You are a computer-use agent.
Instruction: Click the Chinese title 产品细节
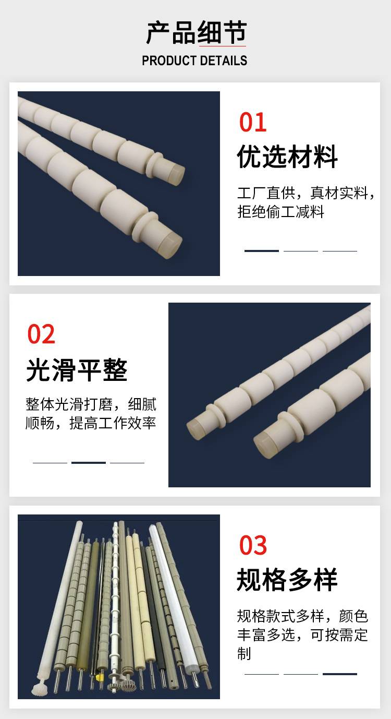pyautogui.click(x=197, y=32)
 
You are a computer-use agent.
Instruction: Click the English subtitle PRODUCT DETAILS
pyautogui.click(x=194, y=61)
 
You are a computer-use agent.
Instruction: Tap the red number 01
pyautogui.click(x=253, y=122)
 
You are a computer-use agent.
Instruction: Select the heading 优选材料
pyautogui.click(x=287, y=157)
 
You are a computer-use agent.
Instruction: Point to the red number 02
pyautogui.click(x=41, y=334)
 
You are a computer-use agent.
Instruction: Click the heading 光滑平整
pyautogui.click(x=77, y=370)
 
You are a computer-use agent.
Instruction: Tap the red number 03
pyautogui.click(x=253, y=545)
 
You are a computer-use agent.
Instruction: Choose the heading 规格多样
pyautogui.click(x=287, y=580)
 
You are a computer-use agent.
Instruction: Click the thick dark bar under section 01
pyautogui.click(x=261, y=250)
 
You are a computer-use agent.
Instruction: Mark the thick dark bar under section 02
pyautogui.click(x=89, y=462)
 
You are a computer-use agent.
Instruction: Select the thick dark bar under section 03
pyautogui.click(x=340, y=674)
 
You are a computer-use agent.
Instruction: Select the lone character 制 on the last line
pyautogui.click(x=244, y=653)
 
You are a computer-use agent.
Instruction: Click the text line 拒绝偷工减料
pyautogui.click(x=280, y=212)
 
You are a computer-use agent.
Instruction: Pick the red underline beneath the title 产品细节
pyautogui.click(x=222, y=46)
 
